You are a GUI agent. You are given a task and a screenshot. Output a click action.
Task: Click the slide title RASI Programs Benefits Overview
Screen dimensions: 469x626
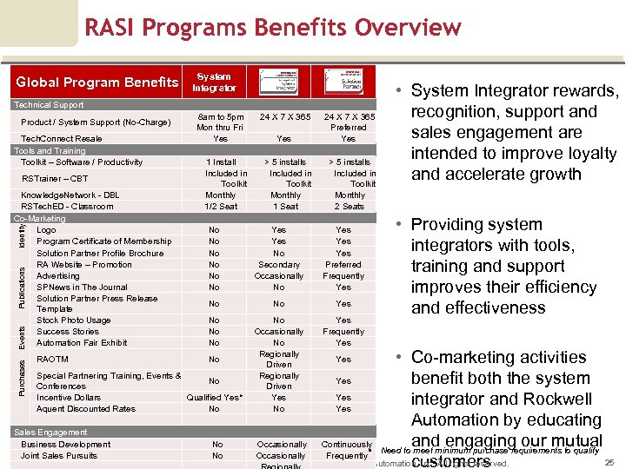point(273,28)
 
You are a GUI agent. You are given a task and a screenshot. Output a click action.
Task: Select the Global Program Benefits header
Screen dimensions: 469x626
point(97,83)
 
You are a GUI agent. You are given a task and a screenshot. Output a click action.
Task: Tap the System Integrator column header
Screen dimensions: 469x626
point(214,83)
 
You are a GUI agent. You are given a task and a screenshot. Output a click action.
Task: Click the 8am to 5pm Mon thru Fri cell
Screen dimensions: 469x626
point(220,122)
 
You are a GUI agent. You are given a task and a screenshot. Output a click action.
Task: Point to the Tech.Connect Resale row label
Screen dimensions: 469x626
point(62,139)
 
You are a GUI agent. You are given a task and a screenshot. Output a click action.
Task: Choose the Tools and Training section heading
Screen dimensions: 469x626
point(50,150)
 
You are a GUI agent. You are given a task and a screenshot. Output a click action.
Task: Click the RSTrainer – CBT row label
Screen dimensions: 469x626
point(55,179)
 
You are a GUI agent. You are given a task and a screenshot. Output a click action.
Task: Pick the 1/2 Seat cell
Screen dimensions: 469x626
point(221,207)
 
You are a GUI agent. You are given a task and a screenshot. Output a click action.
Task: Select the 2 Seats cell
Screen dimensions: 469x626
point(349,207)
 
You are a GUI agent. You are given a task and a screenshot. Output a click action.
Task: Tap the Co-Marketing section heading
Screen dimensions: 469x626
point(39,219)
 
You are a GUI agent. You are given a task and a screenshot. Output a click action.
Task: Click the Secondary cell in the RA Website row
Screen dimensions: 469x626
point(279,265)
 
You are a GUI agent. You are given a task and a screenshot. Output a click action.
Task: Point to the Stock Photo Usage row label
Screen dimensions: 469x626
point(74,320)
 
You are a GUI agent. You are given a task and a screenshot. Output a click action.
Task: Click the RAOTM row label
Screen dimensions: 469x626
point(52,359)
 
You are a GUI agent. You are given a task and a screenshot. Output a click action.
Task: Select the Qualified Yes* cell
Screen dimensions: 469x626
point(215,398)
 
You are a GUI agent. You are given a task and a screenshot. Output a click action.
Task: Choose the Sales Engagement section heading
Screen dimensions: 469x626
point(50,433)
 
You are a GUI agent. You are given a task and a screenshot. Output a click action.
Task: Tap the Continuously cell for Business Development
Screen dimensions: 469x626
point(347,445)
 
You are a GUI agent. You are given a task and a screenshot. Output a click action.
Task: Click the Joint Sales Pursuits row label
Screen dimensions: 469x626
point(59,456)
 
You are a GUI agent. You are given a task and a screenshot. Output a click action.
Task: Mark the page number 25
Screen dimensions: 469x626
point(609,462)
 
